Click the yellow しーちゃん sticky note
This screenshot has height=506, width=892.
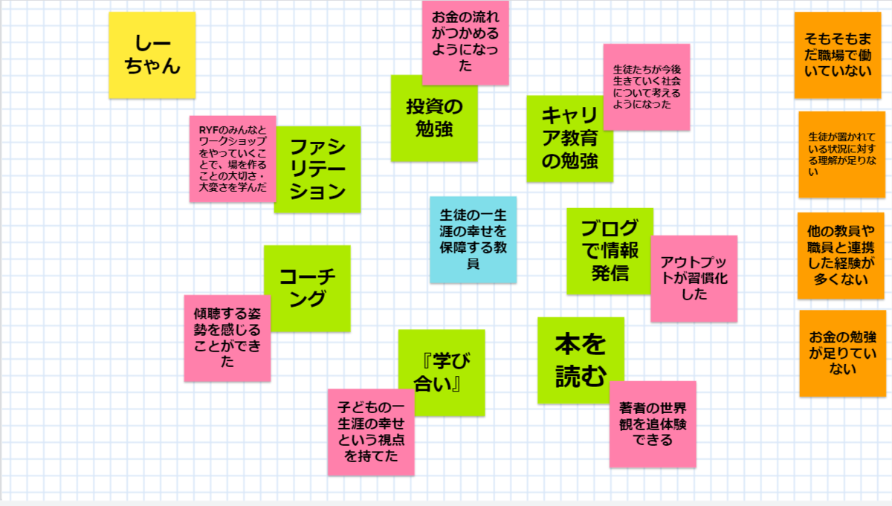pos(152,55)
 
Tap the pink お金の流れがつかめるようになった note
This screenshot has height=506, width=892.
pos(465,42)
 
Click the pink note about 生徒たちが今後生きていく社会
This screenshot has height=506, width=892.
pos(647,87)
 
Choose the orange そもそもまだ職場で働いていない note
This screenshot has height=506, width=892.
pos(838,55)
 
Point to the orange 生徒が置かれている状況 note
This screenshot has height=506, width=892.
pos(841,155)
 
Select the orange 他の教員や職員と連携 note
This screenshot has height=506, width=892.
pos(841,256)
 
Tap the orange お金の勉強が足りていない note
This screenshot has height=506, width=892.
pos(843,353)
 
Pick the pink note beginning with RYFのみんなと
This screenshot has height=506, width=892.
pos(233,159)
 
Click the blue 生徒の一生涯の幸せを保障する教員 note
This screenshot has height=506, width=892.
pos(473,240)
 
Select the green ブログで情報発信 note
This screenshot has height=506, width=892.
pos(609,251)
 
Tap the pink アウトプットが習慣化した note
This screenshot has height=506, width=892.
pos(694,279)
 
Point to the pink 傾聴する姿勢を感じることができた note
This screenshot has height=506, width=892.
pos(227,338)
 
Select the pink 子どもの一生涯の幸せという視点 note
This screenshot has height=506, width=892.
pos(371,432)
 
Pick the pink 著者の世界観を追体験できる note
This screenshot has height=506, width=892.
pos(653,424)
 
